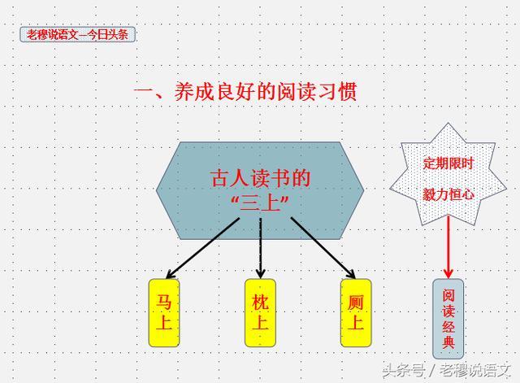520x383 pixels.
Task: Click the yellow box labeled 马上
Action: pos(164,313)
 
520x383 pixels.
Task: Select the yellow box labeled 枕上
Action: pos(260,313)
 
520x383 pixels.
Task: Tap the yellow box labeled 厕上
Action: pos(355,313)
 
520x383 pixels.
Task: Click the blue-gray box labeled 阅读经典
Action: pos(448,319)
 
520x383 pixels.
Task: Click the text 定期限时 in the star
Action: pos(448,163)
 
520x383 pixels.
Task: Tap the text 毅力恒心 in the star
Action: pos(448,195)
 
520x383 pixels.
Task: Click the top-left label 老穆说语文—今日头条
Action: pos(77,35)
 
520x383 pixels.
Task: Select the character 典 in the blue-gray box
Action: pos(448,344)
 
